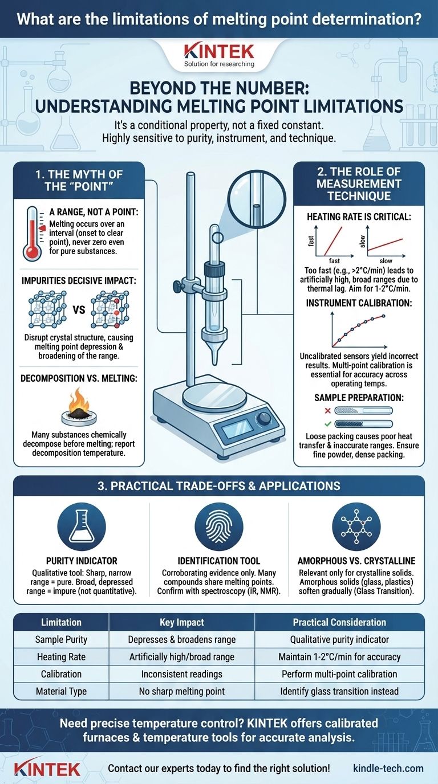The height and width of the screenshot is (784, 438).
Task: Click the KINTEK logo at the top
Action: tap(219, 52)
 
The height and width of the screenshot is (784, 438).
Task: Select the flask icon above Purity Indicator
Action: tap(82, 525)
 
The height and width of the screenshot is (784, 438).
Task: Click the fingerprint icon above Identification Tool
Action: tap(218, 525)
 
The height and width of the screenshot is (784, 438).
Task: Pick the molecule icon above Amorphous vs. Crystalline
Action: tap(356, 525)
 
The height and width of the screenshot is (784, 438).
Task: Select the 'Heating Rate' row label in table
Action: tap(60, 656)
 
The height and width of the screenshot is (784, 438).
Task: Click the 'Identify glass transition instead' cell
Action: tap(339, 691)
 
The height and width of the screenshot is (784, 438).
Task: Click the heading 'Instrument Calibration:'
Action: tap(358, 303)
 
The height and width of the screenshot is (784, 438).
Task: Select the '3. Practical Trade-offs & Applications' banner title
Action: tap(219, 486)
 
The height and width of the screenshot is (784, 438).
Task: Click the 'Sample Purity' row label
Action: tap(60, 639)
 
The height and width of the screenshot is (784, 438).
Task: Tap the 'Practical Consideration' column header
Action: tap(339, 622)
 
